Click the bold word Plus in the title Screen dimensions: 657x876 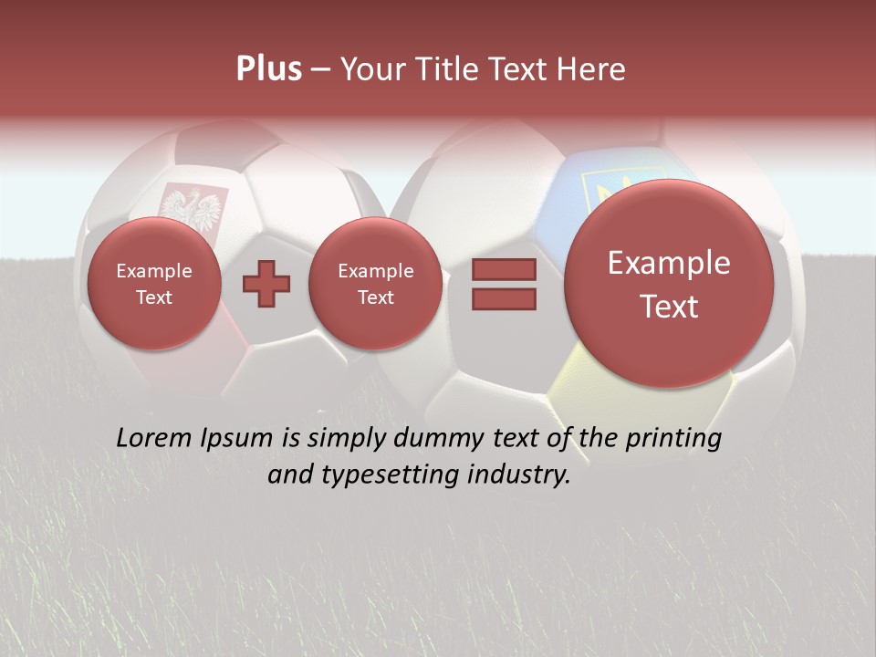click(268, 69)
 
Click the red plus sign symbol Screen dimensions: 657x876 click(266, 284)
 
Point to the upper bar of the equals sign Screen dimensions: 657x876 click(504, 269)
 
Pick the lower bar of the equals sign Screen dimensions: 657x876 click(504, 298)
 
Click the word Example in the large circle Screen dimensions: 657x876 click(669, 263)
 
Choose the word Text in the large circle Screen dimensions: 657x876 click(669, 307)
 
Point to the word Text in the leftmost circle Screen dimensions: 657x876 click(153, 297)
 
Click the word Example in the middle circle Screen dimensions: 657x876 click(375, 271)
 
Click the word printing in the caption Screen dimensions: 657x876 click(676, 439)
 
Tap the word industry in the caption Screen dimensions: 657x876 click(526, 475)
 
